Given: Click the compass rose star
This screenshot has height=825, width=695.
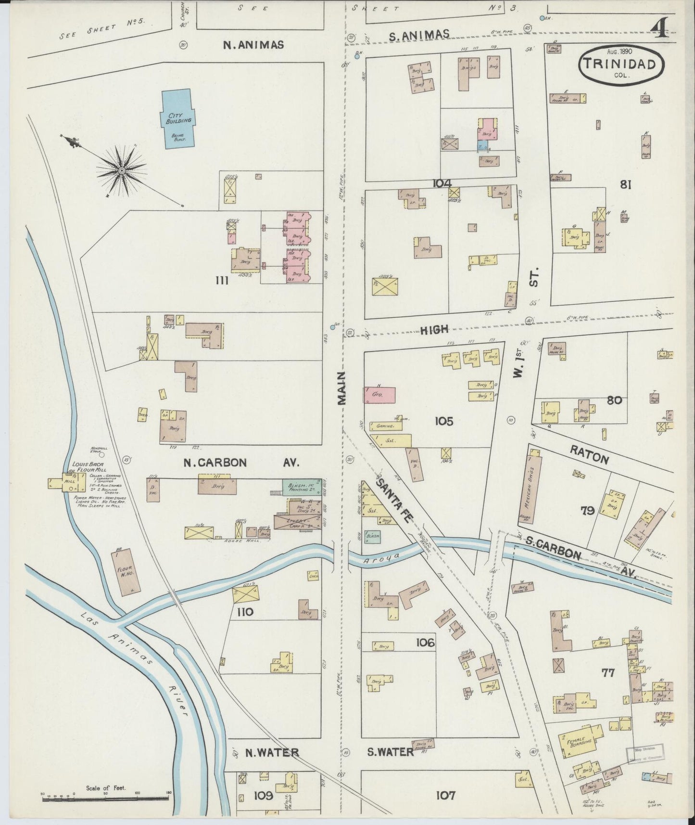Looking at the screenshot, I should point(122,169).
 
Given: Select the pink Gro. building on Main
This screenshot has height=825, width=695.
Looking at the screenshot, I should point(380,394).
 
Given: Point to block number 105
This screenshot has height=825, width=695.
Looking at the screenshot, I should point(443,421).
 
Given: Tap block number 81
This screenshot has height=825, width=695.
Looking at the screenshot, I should point(625,184).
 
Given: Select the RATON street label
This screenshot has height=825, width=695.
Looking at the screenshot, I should point(590,454).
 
